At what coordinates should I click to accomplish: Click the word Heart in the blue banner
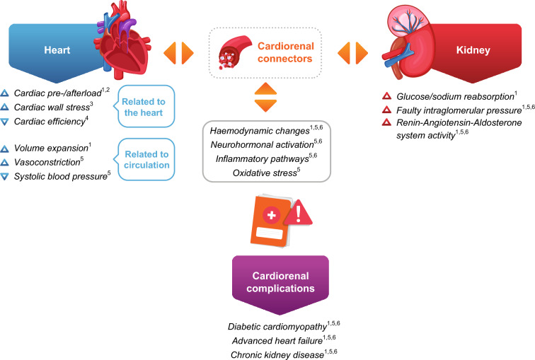coord(57,50)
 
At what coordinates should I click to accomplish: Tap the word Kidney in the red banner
coord(473,50)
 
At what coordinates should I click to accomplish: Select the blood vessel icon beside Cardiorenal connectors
coord(234,52)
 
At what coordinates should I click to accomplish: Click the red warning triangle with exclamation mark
coord(298,212)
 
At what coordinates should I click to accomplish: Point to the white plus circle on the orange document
coord(272,215)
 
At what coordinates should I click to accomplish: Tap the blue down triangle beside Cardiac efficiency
coord(4,122)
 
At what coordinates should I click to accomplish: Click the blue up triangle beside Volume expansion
coord(4,149)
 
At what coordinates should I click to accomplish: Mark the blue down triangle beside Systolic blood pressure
coord(4,177)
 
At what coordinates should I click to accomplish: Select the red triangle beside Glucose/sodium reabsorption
coord(386,95)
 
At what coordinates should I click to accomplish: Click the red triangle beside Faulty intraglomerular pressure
coord(386,110)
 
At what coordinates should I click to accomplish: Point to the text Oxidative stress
coord(265,173)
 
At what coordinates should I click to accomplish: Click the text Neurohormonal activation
coord(262,145)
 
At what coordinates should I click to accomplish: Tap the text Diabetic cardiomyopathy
coord(277,327)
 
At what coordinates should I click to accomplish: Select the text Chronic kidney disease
coord(277,355)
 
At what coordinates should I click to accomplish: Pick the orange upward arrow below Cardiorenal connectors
coord(266,88)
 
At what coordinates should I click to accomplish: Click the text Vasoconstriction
coord(47,162)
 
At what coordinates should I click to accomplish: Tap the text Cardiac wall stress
coord(52,108)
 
